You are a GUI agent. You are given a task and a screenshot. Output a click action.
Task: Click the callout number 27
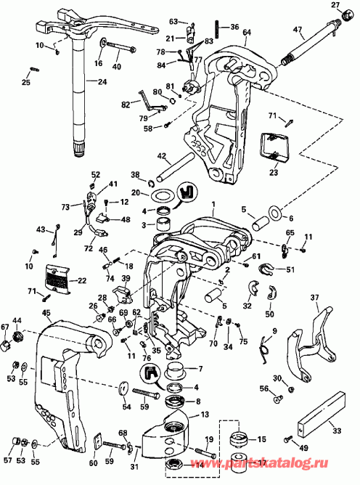(335, 6)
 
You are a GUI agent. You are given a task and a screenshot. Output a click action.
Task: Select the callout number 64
(247, 33)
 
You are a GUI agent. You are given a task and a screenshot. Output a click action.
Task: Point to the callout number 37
(315, 298)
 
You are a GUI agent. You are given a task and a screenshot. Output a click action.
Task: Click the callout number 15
(262, 439)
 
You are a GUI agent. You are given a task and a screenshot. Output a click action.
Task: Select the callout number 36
(234, 27)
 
